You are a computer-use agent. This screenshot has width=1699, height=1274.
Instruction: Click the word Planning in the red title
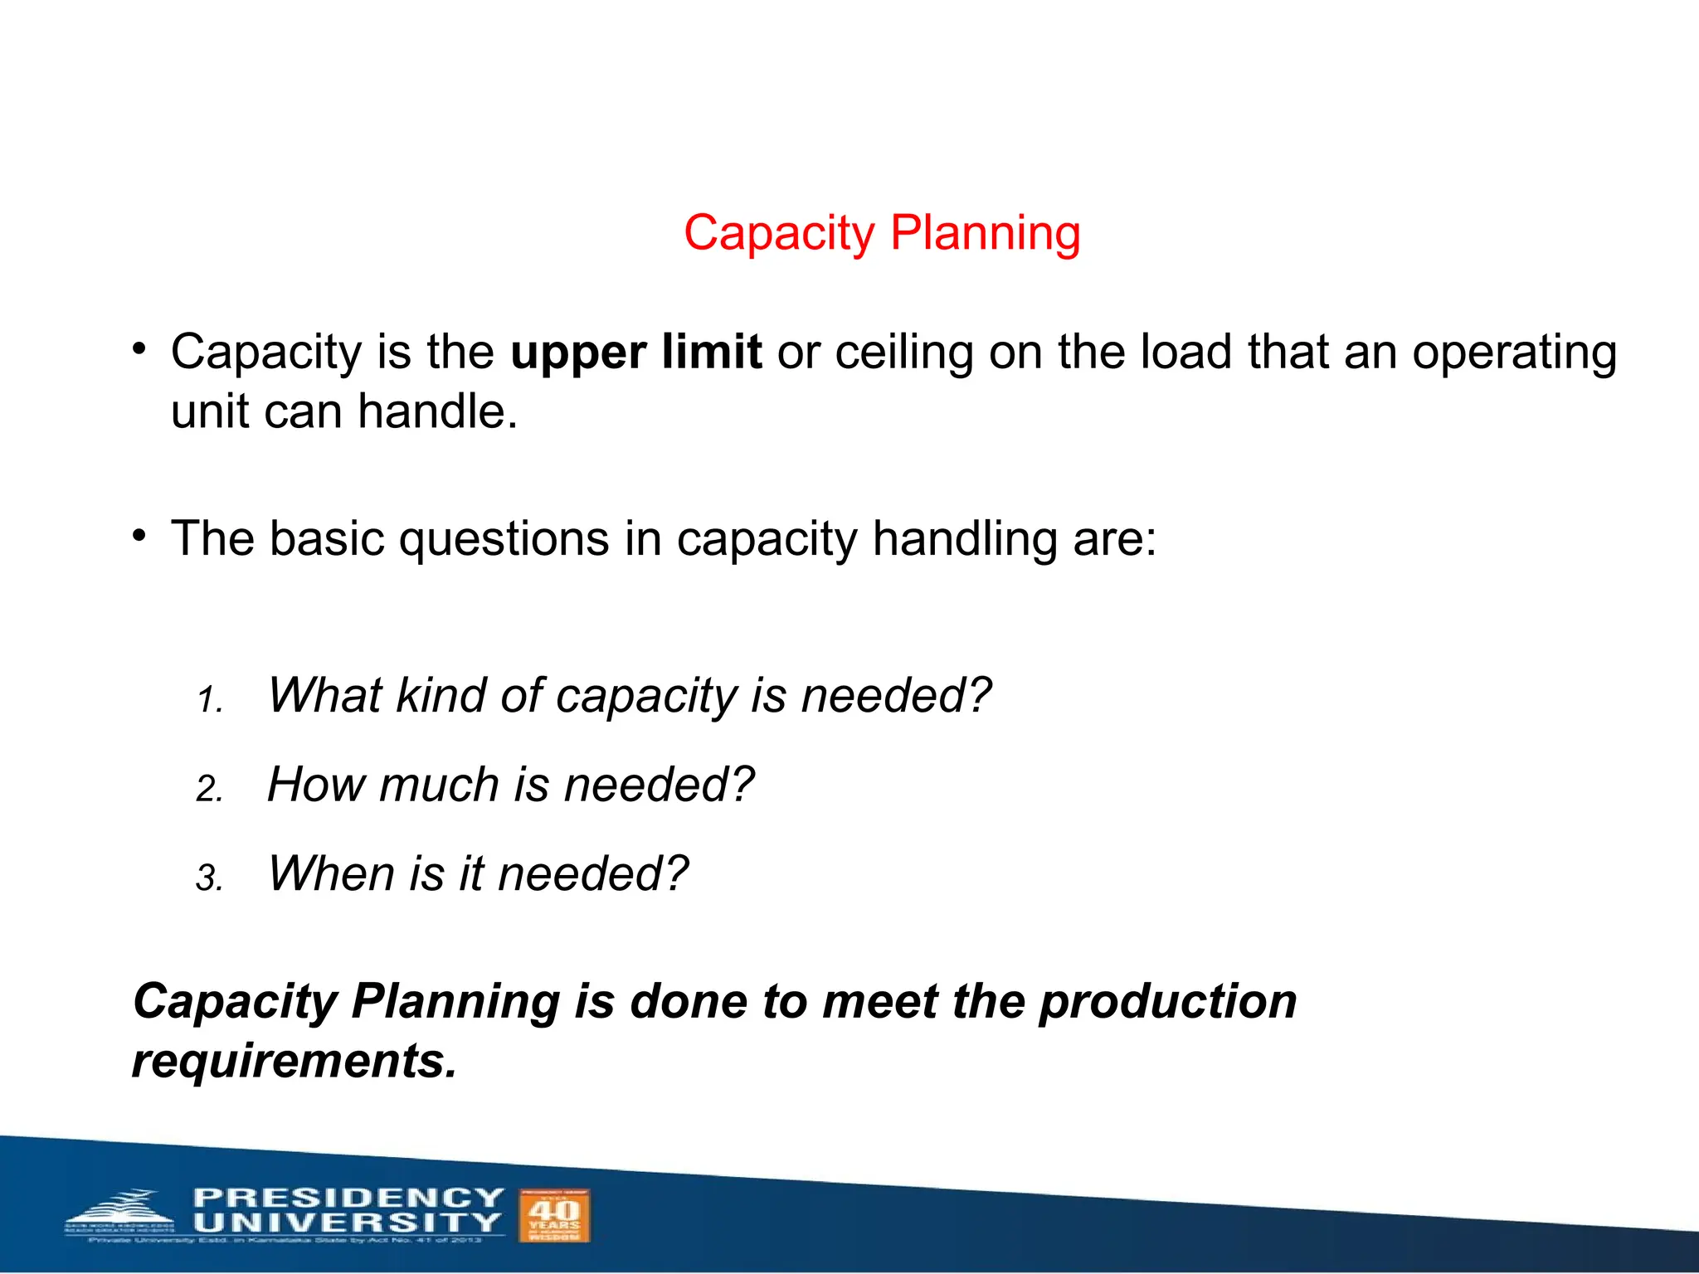986,233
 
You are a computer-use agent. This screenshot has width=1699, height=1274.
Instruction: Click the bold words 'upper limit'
635,353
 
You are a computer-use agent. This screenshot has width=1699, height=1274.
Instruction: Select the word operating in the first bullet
1514,353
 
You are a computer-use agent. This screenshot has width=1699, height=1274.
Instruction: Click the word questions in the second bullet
504,539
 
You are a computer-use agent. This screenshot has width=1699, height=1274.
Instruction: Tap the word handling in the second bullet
965,539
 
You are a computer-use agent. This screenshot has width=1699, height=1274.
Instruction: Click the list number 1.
209,702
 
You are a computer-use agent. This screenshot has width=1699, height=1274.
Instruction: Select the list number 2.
209,789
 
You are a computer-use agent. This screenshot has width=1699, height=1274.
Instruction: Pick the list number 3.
209,878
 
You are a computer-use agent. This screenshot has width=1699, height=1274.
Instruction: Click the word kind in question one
440,695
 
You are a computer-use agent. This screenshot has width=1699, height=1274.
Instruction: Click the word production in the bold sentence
1168,1001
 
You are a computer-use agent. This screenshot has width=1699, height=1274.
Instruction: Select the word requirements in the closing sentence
295,1061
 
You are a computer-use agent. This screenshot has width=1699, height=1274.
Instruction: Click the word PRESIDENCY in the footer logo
348,1198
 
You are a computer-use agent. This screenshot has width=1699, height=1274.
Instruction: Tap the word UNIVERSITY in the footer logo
347,1223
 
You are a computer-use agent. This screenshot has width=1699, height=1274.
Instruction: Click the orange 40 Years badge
554,1215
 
